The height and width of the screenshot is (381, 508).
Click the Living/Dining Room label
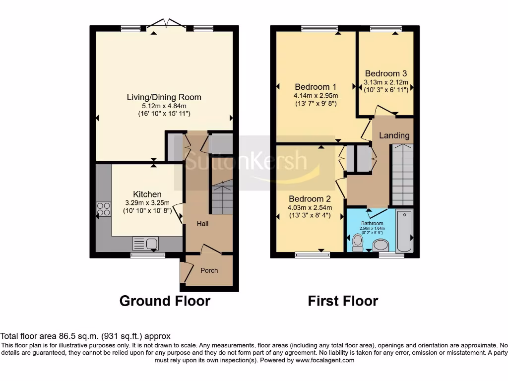click(x=164, y=97)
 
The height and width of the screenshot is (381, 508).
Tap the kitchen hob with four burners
click(x=104, y=209)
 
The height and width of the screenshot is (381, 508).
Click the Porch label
click(x=209, y=270)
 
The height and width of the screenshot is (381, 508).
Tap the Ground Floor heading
click(x=165, y=301)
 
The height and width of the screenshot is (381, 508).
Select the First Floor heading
click(x=343, y=301)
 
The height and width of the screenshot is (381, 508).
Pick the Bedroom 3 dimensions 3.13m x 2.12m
click(x=386, y=83)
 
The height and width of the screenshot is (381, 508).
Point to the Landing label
click(x=394, y=135)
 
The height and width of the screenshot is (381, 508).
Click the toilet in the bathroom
click(x=357, y=243)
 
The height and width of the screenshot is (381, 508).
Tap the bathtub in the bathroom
click(x=405, y=231)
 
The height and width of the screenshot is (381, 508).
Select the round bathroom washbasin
click(x=381, y=245)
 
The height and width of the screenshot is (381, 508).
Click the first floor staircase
click(x=402, y=174)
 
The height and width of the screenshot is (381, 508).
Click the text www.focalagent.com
click(x=325, y=360)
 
